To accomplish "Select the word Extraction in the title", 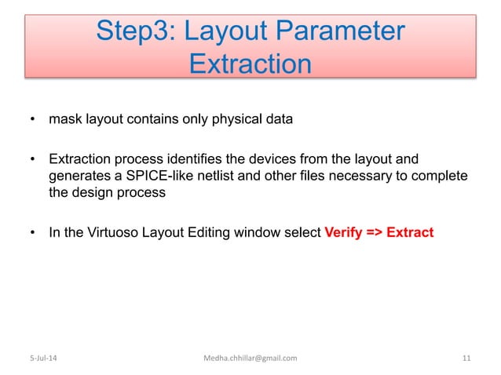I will point(250,64).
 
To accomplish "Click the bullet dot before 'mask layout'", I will point(32,120).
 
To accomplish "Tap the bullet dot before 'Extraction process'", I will point(32,162).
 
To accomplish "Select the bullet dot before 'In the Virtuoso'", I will point(32,233).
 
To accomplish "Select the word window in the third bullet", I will point(258,233).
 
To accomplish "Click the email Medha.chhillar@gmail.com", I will point(250,359).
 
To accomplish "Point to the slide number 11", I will point(466,359).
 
